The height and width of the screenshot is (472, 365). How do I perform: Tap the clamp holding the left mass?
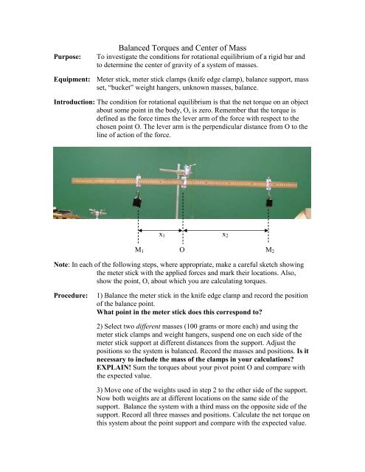pyautogui.click(x=138, y=182)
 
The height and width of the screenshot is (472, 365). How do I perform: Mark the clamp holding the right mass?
pyautogui.click(x=269, y=182)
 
